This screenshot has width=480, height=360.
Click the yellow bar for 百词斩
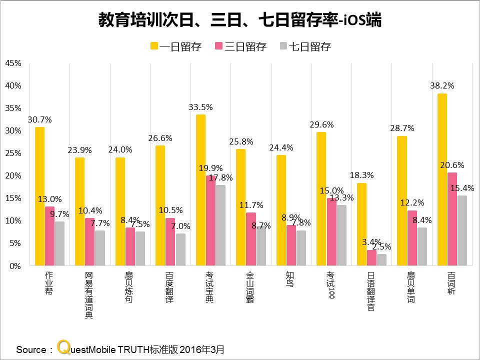click(x=442, y=179)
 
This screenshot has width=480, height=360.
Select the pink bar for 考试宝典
click(x=210, y=220)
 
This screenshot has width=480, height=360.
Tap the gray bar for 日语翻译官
click(x=381, y=260)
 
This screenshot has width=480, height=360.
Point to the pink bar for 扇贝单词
click(x=412, y=238)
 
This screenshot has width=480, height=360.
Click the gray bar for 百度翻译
click(x=180, y=249)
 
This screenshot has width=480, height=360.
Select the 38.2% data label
click(x=442, y=85)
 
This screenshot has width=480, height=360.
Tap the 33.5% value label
click(x=200, y=107)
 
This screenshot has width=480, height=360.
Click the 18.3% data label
click(x=361, y=175)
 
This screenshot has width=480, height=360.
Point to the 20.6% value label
click(x=452, y=165)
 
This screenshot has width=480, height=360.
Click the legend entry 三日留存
click(x=240, y=47)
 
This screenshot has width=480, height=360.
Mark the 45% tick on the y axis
click(x=13, y=63)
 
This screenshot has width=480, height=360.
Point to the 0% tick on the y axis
click(x=15, y=266)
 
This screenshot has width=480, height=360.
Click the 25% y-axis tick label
click(x=13, y=153)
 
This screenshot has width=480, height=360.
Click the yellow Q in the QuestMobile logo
click(x=63, y=346)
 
